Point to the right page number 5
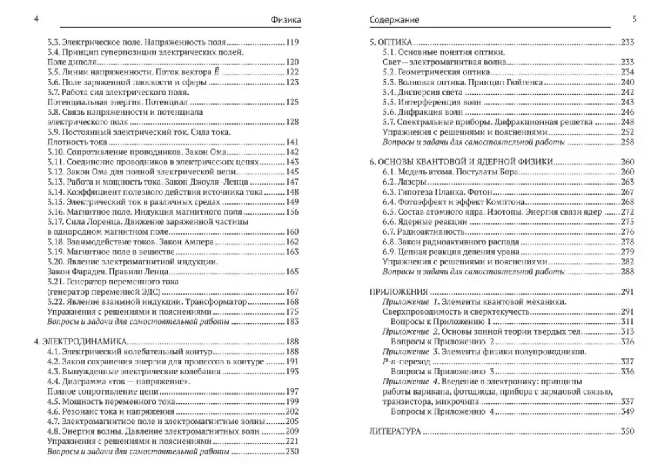pyautogui.click(x=634, y=19)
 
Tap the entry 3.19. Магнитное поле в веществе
pyautogui.click(x=105, y=252)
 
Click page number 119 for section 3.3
pyautogui.click(x=292, y=42)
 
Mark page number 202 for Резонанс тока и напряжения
pyautogui.click(x=292, y=411)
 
